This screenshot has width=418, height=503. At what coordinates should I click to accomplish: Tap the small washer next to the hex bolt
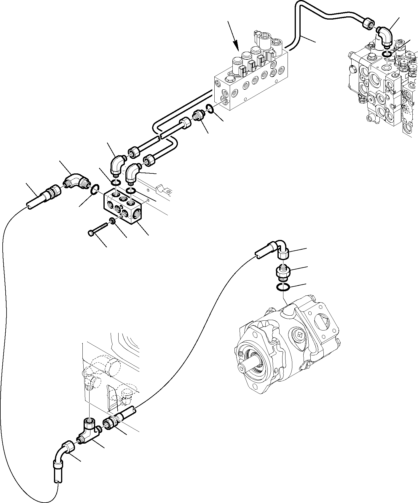tap(112, 221)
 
